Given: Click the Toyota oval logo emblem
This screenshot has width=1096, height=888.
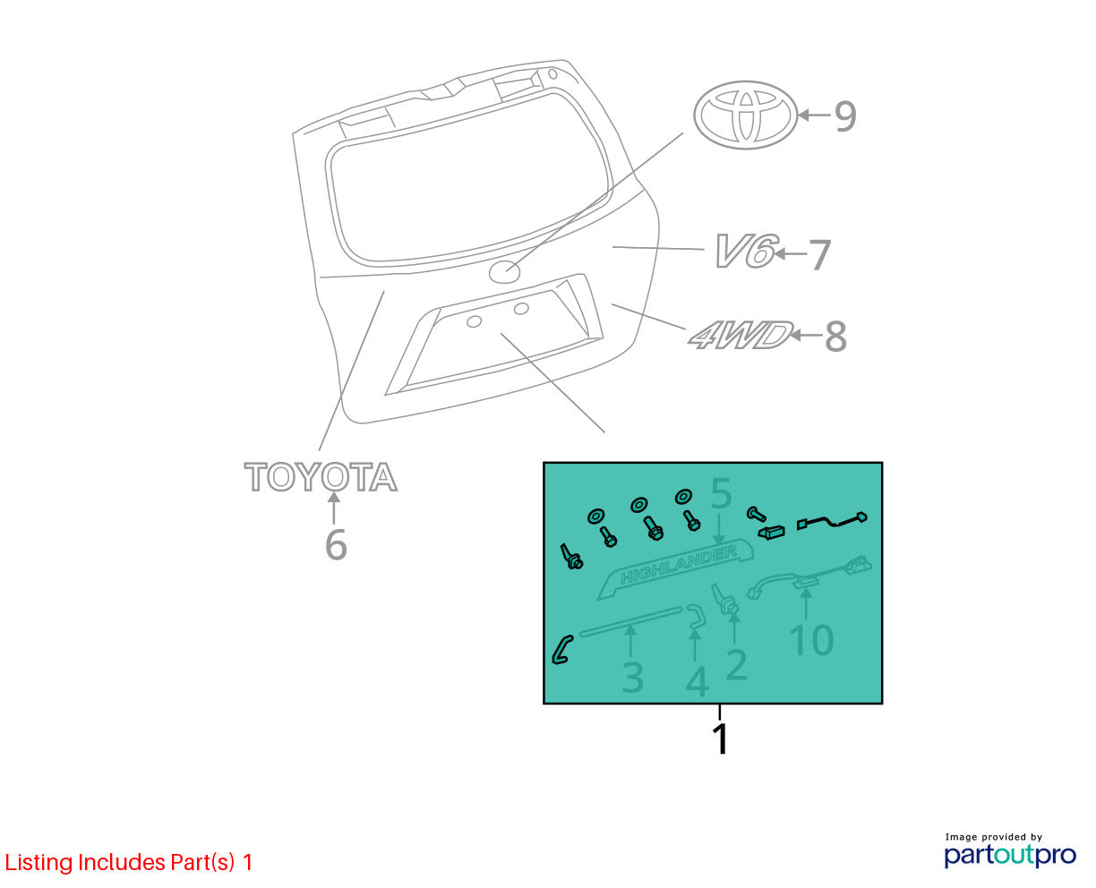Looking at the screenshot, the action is pos(746,115).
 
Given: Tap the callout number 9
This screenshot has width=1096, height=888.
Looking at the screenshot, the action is pos(845,116).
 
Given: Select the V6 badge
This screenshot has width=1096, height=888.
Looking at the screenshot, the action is pos(746,251).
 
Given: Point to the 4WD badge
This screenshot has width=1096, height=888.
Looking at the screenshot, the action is pos(741,335).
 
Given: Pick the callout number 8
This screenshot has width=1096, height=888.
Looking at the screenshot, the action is pos(835,337).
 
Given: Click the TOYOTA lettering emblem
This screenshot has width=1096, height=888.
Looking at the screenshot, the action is pos(321,476).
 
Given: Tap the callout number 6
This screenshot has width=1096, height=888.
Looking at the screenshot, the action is pos(336,544).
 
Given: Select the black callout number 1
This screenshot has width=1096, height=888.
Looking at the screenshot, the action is pos(721,739).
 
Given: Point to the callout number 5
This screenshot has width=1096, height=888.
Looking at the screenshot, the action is pos(721,493).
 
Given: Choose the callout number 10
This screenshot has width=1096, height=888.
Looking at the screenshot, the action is pos(811,640).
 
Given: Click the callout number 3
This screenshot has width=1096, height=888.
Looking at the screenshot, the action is pos(632,678).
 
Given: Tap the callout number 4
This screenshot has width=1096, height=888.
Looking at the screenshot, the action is pos(698,682).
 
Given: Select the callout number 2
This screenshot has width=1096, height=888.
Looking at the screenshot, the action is pos(736,665).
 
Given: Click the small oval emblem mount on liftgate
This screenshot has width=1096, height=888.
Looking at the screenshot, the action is pos(504,271).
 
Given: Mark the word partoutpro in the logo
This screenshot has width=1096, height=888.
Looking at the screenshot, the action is pos(1010,855).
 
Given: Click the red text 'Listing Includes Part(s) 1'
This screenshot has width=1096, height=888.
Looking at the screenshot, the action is pos(129,862).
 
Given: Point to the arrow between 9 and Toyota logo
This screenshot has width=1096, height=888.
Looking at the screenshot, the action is pos(814,115).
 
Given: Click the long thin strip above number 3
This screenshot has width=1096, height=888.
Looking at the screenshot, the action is pos(631,621).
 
